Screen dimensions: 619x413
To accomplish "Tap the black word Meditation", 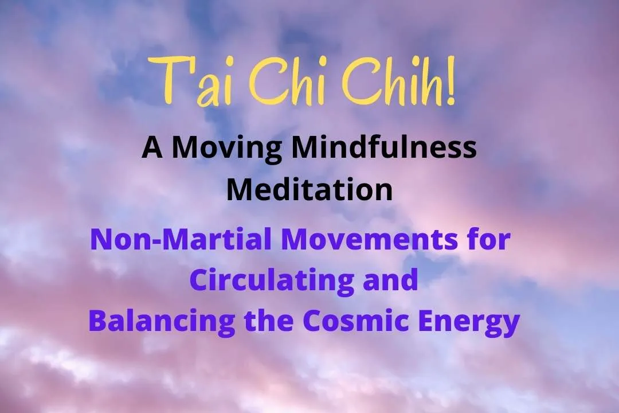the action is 309,189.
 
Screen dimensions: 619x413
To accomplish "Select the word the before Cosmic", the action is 269,321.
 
